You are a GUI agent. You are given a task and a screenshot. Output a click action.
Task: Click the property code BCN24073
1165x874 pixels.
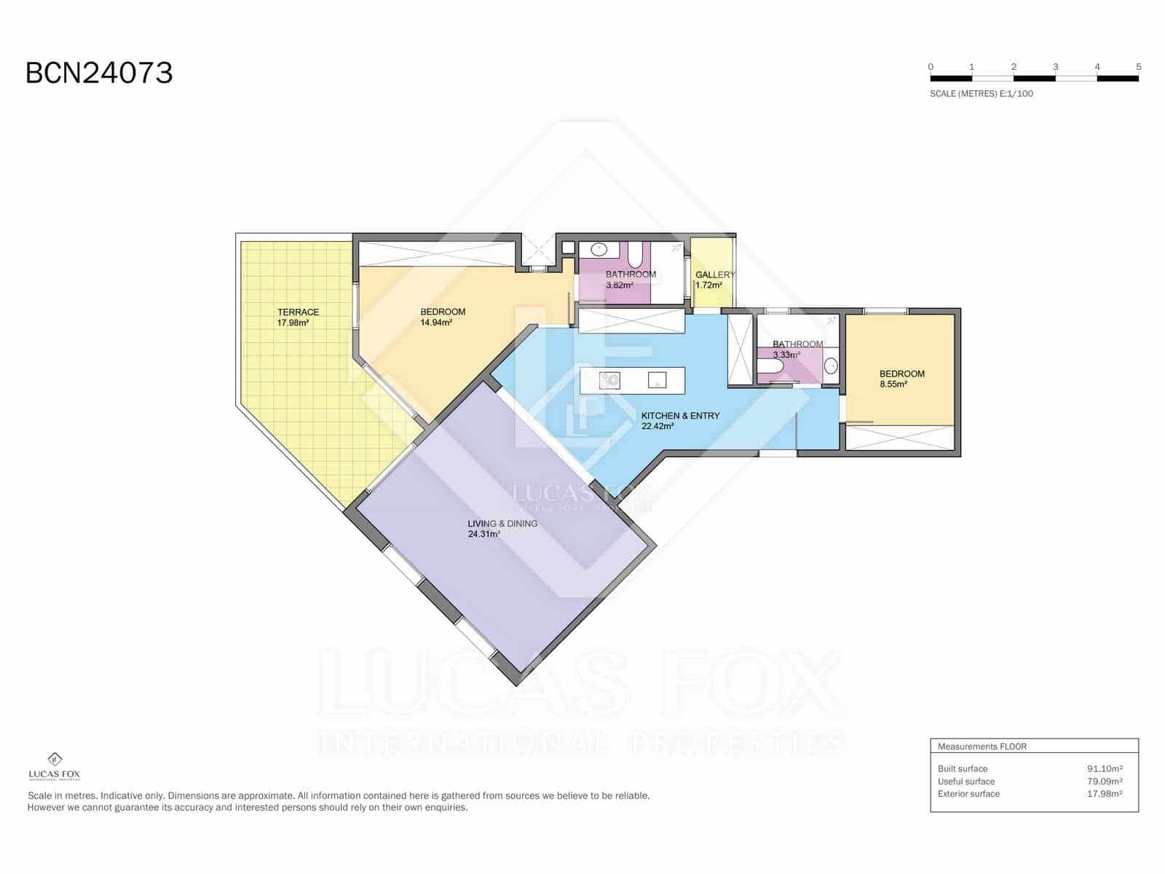[99, 73]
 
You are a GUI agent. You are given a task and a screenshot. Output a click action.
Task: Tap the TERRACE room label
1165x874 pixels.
[298, 312]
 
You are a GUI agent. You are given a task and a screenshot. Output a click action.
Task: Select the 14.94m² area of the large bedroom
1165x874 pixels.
[436, 323]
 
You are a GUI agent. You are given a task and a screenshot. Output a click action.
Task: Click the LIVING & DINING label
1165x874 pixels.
[502, 524]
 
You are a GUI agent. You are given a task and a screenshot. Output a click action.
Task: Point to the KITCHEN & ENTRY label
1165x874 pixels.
[680, 416]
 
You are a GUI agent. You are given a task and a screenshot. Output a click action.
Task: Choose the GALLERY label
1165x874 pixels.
[714, 275]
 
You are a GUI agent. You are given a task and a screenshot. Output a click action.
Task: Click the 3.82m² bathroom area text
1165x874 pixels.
[619, 286]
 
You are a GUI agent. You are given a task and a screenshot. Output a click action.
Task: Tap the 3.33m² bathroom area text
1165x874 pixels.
[786, 355]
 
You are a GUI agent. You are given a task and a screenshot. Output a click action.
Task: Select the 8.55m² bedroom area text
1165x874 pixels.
[893, 385]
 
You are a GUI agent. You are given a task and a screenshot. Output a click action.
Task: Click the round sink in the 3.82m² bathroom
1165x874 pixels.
[599, 249]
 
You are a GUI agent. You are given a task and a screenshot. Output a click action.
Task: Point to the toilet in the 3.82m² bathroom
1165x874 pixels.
[634, 255]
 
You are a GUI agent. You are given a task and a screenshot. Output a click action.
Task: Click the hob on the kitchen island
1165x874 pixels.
[609, 379]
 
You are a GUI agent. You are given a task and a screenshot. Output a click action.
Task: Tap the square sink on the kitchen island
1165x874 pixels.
[657, 379]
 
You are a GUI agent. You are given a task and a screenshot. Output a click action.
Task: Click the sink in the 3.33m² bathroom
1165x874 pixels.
[830, 366]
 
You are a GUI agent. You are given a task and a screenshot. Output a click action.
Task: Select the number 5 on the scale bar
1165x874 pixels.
[1138, 67]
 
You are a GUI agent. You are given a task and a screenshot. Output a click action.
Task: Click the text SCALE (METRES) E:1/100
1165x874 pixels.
[981, 94]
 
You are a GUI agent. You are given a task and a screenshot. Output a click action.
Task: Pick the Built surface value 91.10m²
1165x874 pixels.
[1104, 768]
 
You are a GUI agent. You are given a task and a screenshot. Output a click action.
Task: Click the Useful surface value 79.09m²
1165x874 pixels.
[1104, 782]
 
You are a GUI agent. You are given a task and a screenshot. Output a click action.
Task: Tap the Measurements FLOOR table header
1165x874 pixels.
[982, 747]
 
